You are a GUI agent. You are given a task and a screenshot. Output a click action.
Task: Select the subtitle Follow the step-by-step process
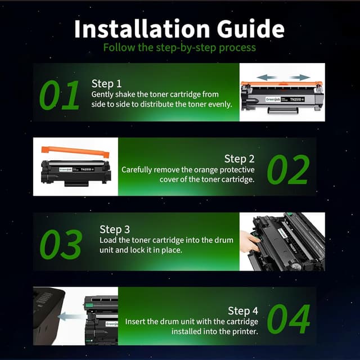pos(179,47)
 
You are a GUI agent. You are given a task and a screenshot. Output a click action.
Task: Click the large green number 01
pos(60,95)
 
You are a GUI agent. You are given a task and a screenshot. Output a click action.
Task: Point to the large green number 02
pos(288,170)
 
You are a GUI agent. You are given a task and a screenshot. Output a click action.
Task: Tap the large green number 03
pos(60,244)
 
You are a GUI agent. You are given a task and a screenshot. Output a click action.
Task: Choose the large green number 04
pos(288,319)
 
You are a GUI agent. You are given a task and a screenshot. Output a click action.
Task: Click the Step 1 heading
pos(106,83)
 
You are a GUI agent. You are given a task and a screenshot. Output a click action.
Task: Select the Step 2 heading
pos(239,159)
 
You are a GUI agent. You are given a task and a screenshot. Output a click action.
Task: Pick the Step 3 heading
pos(115,229)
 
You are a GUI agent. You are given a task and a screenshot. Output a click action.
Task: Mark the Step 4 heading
pos(243,310)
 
